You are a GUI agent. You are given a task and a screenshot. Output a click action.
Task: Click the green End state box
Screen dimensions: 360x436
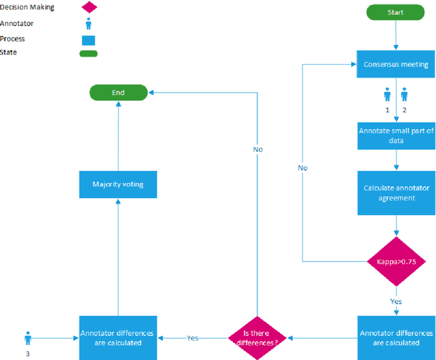(x=118, y=92)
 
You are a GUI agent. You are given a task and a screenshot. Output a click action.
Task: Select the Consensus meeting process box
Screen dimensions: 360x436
(x=396, y=65)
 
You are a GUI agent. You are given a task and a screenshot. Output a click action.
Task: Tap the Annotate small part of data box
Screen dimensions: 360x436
(x=396, y=136)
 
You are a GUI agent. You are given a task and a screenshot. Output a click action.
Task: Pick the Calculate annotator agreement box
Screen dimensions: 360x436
(x=396, y=193)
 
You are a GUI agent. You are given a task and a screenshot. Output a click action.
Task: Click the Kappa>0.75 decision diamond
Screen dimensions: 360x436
(x=396, y=261)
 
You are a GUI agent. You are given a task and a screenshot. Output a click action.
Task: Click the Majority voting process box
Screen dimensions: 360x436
(x=118, y=184)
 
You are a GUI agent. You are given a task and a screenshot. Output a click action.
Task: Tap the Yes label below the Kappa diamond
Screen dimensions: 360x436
(x=396, y=301)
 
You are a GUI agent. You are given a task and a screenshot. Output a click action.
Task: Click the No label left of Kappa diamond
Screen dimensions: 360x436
(x=302, y=167)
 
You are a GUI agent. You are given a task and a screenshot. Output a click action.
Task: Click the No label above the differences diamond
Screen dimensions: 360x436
(x=258, y=149)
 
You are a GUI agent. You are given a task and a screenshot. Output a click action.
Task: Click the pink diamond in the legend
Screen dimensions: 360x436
(x=89, y=7)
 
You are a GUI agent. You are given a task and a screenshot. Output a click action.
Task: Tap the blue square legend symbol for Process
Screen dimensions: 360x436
(x=89, y=39)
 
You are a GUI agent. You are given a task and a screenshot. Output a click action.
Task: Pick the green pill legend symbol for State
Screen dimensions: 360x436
(x=89, y=53)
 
